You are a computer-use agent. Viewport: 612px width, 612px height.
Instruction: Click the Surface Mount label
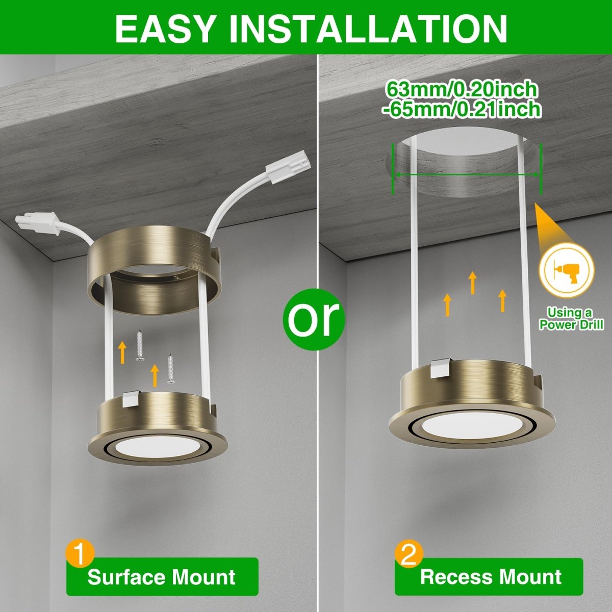(x=162, y=577)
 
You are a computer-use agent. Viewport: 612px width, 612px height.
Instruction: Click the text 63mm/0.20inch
(x=462, y=89)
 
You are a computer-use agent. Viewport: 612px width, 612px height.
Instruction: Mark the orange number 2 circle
(x=409, y=554)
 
